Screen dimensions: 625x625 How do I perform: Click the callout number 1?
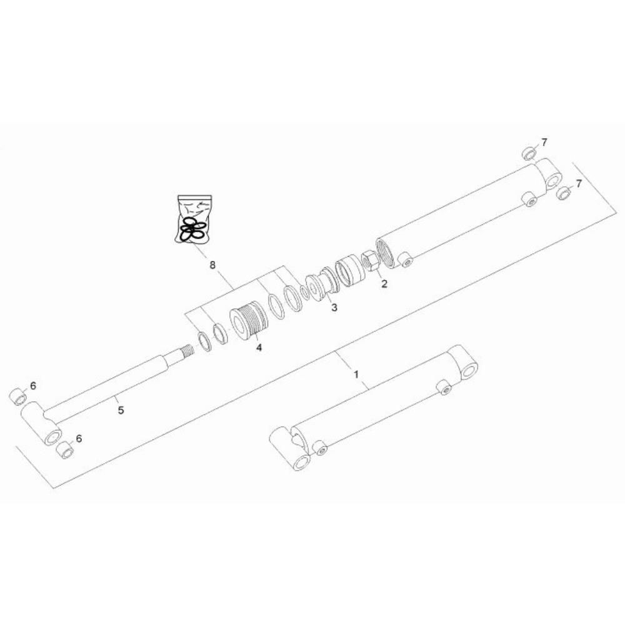[x=356, y=374]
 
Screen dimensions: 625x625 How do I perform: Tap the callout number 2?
[x=384, y=284]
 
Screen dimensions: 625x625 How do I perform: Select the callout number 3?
[x=334, y=307]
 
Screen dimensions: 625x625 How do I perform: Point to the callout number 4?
[x=259, y=347]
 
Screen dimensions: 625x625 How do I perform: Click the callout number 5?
[x=121, y=410]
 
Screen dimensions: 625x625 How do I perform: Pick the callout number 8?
[x=212, y=264]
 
